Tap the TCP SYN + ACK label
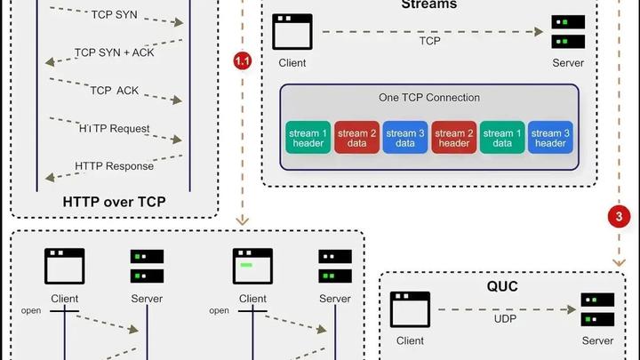point(114,52)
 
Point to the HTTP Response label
point(114,165)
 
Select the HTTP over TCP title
point(114,201)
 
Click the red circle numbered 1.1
point(243,60)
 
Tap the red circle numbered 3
point(619,216)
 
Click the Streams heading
point(428,4)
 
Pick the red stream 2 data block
point(356,139)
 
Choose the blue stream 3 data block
point(405,139)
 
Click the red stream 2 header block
point(453,139)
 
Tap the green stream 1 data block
point(501,139)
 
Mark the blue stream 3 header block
point(549,139)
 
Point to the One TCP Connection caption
point(428,98)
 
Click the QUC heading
point(501,287)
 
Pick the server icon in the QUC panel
point(597,309)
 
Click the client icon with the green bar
point(252,266)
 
